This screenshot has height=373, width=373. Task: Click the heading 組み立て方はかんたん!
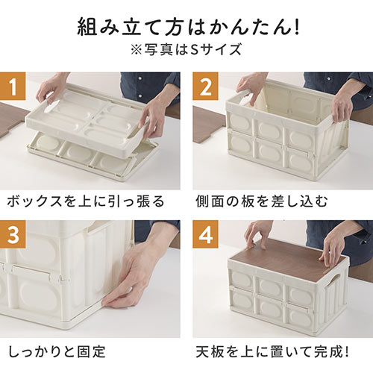(186, 29)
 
